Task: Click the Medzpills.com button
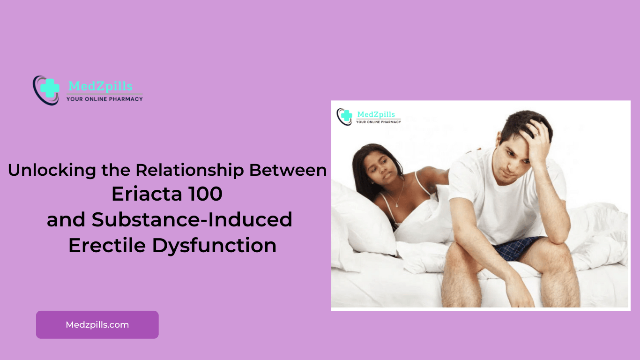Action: (97, 324)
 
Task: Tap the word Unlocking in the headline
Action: (52, 171)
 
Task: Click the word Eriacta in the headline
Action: (147, 194)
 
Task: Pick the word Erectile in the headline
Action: (107, 245)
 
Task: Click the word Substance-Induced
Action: (192, 219)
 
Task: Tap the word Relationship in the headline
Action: (190, 171)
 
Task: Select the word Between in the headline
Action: (288, 170)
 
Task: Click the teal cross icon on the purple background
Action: (50, 88)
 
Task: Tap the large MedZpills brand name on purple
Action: (101, 86)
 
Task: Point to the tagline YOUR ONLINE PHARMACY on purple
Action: (104, 99)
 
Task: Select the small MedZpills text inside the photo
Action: (376, 114)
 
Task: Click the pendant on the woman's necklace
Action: (397, 205)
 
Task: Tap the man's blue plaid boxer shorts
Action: (517, 247)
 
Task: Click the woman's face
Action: (380, 170)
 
